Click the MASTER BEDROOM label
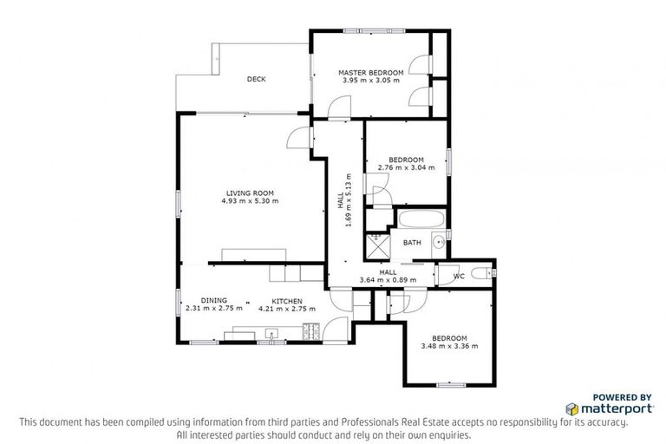tap(371, 72)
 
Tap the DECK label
tap(256, 79)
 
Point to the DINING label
tap(213, 300)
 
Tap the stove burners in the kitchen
tap(311, 330)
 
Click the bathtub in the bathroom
tap(421, 219)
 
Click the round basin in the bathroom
tap(440, 242)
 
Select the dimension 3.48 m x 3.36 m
tap(450, 346)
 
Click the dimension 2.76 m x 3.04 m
tap(406, 168)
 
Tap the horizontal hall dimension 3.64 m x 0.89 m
tap(388, 279)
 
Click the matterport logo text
tap(617, 408)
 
